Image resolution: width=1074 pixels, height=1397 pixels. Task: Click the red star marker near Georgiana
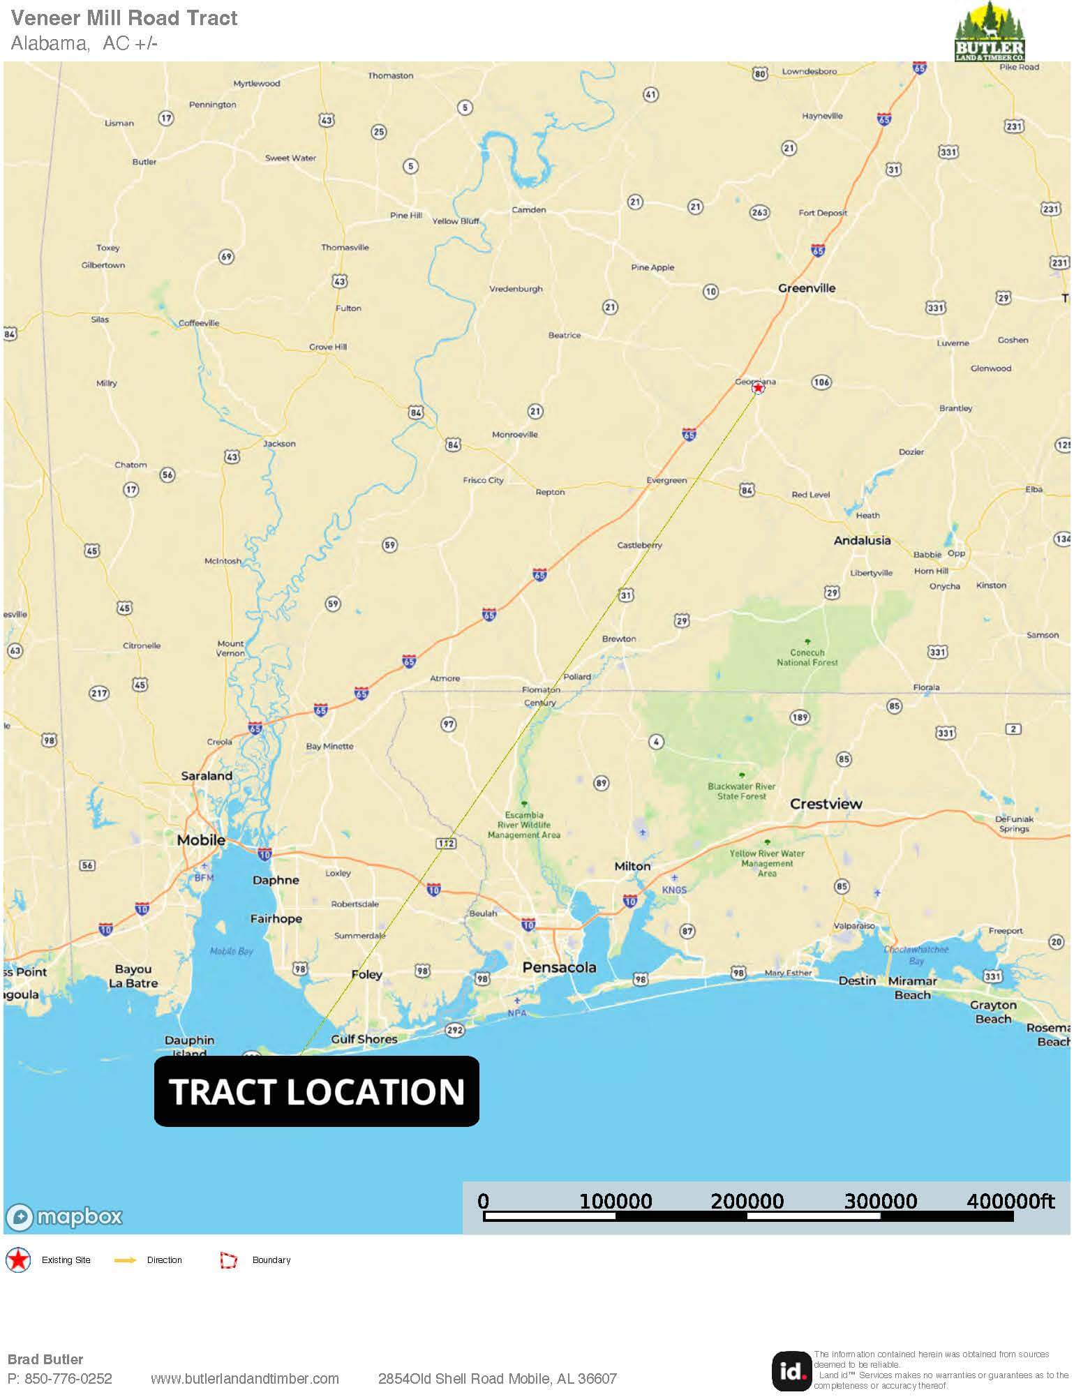tap(758, 387)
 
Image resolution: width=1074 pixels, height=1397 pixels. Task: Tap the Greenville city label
tap(807, 288)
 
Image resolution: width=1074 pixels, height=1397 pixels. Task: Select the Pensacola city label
tap(560, 968)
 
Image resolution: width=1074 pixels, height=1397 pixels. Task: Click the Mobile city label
tap(201, 840)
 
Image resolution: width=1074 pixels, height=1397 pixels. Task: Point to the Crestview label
tap(826, 804)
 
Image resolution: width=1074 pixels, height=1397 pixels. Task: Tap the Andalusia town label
tap(863, 541)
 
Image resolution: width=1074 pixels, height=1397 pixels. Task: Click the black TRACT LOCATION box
tap(317, 1091)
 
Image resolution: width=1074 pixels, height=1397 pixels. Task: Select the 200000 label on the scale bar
tap(747, 1201)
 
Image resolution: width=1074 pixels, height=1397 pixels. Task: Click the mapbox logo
tap(64, 1217)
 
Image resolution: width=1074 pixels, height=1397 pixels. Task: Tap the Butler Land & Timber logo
tap(990, 32)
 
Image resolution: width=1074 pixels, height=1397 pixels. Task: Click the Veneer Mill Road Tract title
tap(124, 18)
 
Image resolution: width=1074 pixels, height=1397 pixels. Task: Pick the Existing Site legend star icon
tap(18, 1260)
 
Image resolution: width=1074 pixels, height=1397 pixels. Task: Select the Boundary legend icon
tap(228, 1260)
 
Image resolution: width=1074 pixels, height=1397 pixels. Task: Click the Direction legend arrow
tap(126, 1260)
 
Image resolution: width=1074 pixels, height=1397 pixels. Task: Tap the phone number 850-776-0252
tap(68, 1379)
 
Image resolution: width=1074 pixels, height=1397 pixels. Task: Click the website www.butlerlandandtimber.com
tap(245, 1379)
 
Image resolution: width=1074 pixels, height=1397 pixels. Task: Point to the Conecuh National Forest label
tap(807, 657)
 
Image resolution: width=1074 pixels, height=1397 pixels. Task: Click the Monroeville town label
tap(515, 435)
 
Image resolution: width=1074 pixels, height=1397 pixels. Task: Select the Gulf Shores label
tap(364, 1039)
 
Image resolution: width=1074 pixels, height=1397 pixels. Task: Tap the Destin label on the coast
tap(857, 981)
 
